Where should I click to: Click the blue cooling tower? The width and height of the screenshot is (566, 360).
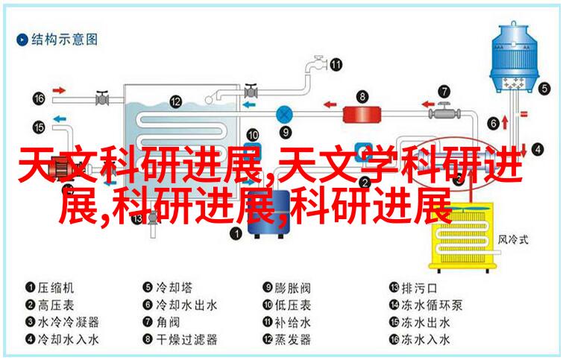(514, 57)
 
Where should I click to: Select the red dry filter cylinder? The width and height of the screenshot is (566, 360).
(362, 114)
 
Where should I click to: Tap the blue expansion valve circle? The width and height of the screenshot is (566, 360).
(284, 115)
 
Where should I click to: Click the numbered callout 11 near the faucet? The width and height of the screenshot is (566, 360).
(336, 65)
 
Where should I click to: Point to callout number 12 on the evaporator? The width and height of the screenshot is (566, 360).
(175, 101)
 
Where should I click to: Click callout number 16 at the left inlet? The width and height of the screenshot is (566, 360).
(39, 98)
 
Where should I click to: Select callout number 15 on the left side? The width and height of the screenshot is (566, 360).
(39, 127)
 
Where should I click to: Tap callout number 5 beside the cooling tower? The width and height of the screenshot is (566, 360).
(544, 89)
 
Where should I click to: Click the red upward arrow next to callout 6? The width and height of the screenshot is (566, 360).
(505, 123)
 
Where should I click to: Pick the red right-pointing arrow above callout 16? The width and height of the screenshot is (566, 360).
(59, 90)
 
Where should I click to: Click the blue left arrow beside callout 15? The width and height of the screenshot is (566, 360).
(60, 119)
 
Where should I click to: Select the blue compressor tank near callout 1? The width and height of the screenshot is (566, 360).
(269, 214)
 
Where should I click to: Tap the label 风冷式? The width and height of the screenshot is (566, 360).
(513, 239)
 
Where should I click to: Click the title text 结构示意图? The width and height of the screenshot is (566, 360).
(65, 39)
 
